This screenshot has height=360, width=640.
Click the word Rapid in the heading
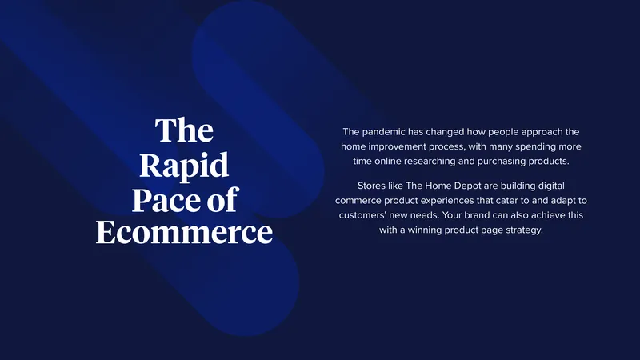pos(184,166)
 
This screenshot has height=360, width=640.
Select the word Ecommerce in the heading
pos(184,232)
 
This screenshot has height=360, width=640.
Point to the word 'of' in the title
pos(222,198)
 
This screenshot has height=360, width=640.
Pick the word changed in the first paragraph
pos(445,132)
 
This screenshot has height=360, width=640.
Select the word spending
pos(532,146)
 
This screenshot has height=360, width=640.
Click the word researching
pos(430,162)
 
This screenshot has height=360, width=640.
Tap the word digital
pos(551,186)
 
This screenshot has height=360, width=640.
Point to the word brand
pos(477,215)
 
